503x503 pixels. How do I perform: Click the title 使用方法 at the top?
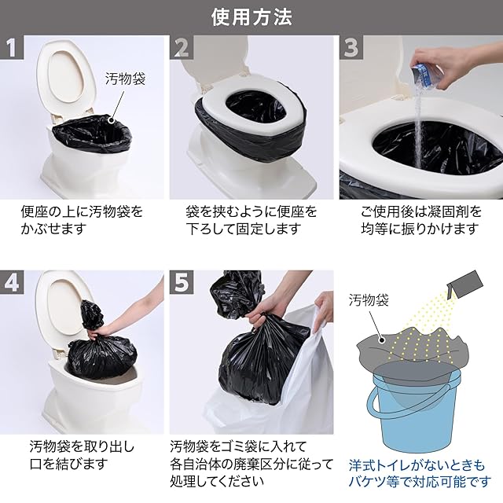(x=251, y=17)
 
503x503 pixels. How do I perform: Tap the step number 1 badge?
(x=12, y=47)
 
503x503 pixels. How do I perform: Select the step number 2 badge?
(x=182, y=47)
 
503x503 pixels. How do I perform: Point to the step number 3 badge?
(x=351, y=47)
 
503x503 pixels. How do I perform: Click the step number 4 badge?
(x=12, y=282)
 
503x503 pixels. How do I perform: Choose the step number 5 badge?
(x=182, y=282)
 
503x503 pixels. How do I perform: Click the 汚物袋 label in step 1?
(x=126, y=79)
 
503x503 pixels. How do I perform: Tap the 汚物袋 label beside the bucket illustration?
(x=369, y=300)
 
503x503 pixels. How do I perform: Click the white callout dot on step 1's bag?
(x=112, y=120)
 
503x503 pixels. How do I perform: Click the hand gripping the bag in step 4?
(x=96, y=334)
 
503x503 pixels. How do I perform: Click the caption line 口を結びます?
(x=68, y=464)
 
